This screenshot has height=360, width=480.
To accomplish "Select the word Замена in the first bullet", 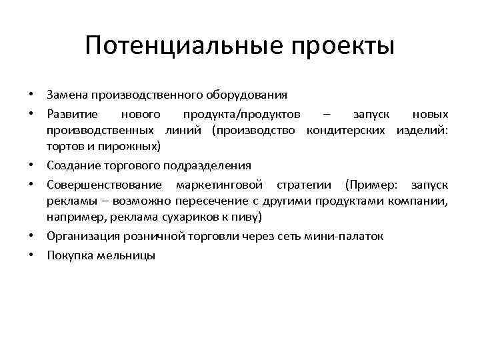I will click(x=68, y=95).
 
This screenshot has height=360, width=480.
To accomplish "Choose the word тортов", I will click(x=63, y=145).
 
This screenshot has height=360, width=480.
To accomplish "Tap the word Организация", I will click(x=78, y=236).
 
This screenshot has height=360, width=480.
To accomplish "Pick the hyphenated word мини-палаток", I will click(x=347, y=236).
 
